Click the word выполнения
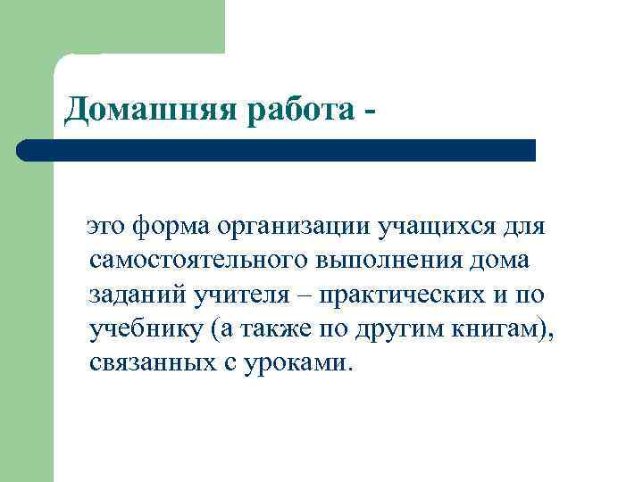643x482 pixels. click(383, 261)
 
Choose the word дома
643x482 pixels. click(497, 261)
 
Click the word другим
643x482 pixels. click(396, 329)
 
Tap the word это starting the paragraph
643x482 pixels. click(104, 227)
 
